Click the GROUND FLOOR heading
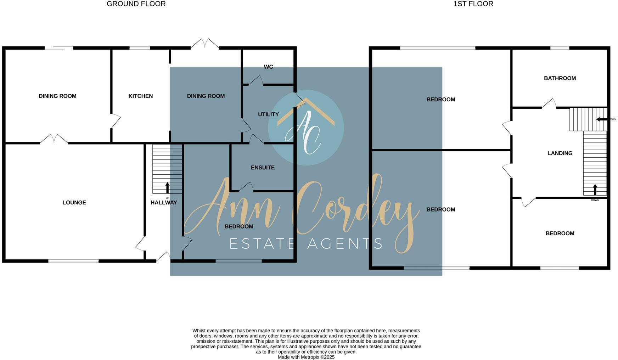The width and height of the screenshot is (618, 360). tap(136, 4)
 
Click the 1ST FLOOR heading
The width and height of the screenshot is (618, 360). tap(473, 4)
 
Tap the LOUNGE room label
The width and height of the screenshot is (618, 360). tap(74, 203)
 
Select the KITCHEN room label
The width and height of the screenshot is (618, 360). tap(140, 96)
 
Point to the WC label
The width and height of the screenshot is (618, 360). tap(268, 67)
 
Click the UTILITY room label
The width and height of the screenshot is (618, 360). tap(268, 114)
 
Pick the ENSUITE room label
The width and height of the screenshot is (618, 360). tap(263, 168)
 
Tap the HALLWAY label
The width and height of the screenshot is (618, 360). tap(163, 203)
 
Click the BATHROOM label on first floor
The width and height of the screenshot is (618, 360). tap(560, 78)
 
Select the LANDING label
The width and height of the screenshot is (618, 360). tap(560, 153)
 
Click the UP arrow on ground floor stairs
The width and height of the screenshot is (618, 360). tap(168, 188)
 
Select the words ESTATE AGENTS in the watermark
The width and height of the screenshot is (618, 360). tap(306, 244)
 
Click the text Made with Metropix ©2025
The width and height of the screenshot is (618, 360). tap(306, 357)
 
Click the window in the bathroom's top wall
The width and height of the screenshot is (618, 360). tap(560, 48)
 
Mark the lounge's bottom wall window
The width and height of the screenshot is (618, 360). tap(73, 261)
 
